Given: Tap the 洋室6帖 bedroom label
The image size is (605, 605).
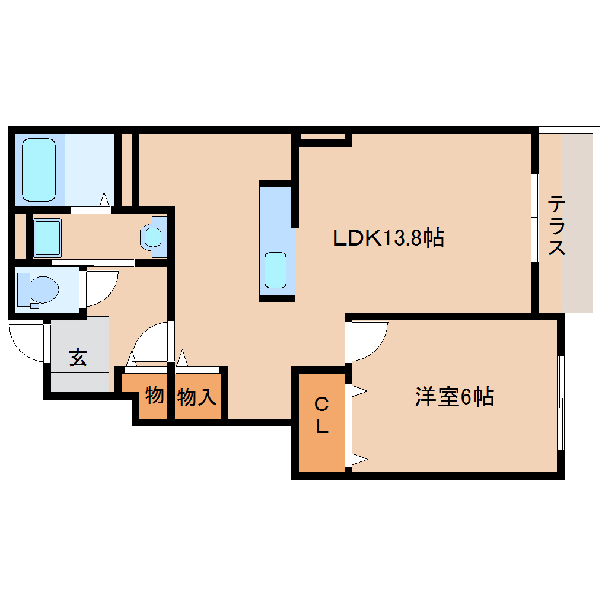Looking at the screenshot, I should point(454,397).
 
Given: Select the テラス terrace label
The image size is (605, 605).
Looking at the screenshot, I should point(556,225).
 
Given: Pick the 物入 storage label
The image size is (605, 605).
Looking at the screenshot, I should point(197,397).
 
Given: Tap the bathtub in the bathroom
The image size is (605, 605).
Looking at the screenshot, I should point(39,170).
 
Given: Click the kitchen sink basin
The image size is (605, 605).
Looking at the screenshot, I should point(276,270).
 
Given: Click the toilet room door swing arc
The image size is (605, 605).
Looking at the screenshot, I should point(101,287).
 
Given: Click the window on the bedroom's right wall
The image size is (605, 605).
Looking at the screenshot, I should point(561,403).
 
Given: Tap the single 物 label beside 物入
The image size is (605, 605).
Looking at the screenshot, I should point(154,394).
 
